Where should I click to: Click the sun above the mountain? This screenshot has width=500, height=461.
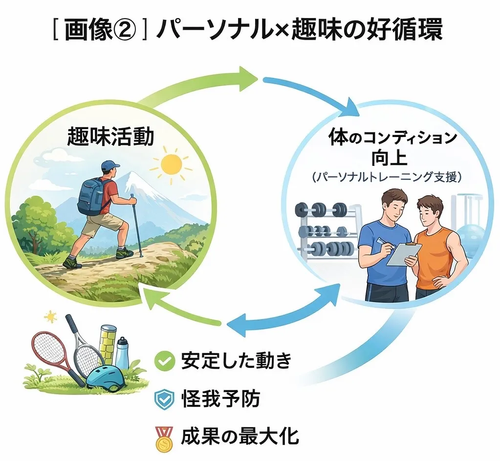tap(171, 164)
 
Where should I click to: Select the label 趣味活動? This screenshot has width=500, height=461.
tap(110, 137)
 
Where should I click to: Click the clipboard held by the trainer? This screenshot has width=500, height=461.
tap(404, 254)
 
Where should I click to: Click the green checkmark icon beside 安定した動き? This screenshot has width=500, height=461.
tap(165, 361)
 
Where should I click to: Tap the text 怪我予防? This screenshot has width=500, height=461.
tap(220, 399)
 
